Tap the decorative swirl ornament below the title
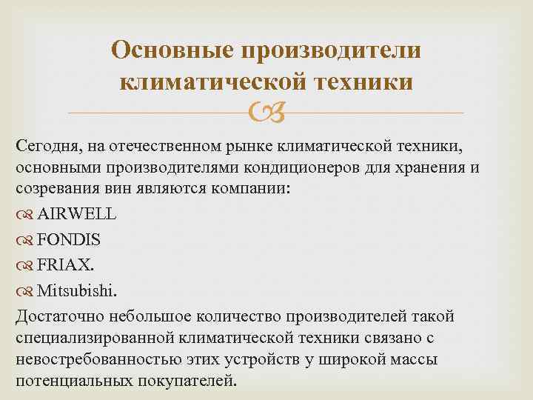[x=266, y=113]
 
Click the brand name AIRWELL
[x=76, y=213]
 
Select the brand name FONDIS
[x=69, y=239]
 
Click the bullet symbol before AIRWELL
[x=24, y=214]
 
